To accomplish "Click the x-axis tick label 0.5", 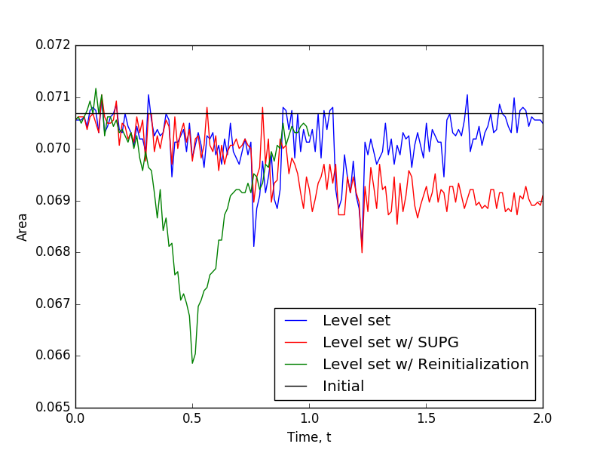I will (x=192, y=418).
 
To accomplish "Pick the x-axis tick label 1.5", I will (x=426, y=418).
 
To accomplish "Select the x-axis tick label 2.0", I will (x=542, y=418).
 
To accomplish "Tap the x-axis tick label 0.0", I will (x=75, y=418).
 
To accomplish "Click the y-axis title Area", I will (x=23, y=226).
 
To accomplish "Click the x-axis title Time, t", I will (x=309, y=437).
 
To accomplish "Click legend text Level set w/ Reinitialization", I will (x=425, y=364).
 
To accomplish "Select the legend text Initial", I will (x=343, y=386).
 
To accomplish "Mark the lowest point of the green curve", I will (x=192, y=363).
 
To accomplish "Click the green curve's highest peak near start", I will (x=96, y=88).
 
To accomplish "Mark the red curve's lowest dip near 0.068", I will (x=362, y=252).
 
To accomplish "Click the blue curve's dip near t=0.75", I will (x=254, y=246).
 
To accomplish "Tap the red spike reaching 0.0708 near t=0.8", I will (x=262, y=107).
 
